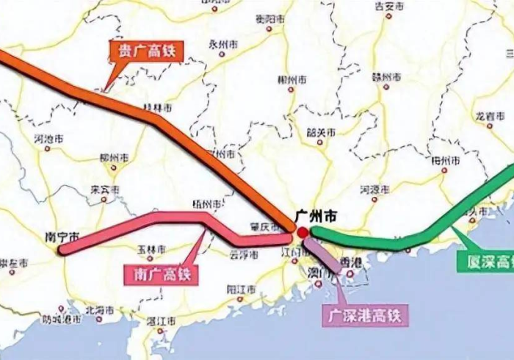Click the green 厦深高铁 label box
tap(485, 260)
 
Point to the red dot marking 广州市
tap(303, 232)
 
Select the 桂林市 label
tap(157, 107)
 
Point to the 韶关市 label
tap(321, 133)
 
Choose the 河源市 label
tap(374, 190)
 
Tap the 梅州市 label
tap(446, 160)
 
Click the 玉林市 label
tap(152, 249)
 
